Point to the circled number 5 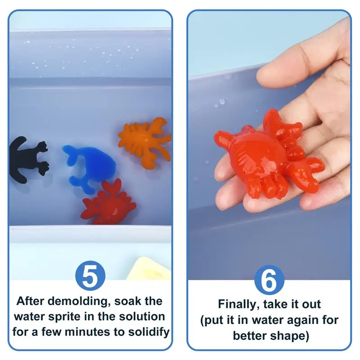[90, 277]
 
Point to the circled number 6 [269, 280]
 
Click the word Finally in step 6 [238, 304]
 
